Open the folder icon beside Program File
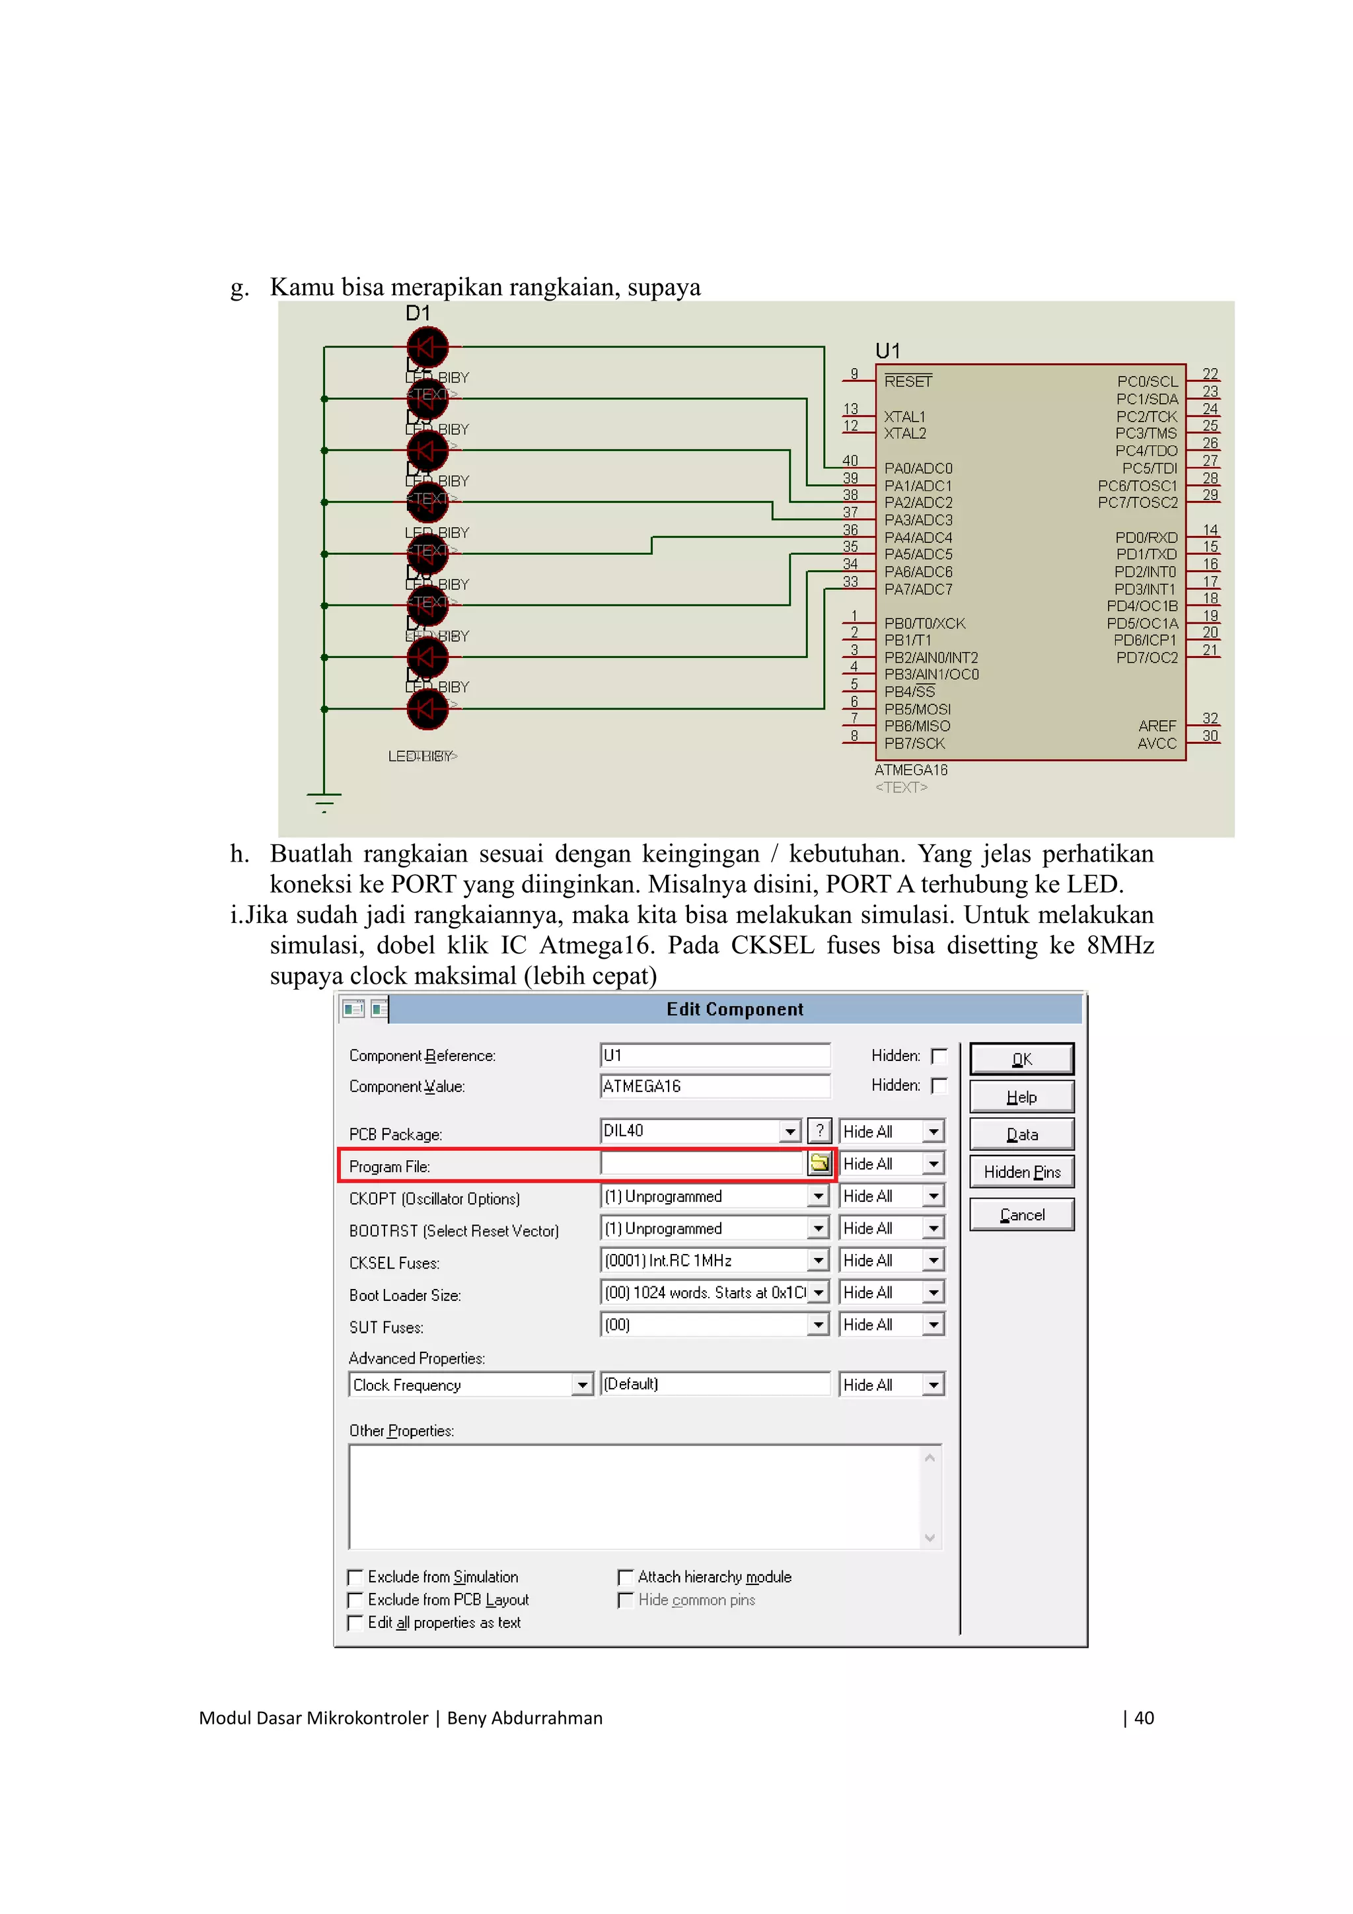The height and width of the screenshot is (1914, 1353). point(819,1163)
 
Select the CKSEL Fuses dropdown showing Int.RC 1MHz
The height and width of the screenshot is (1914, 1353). point(713,1260)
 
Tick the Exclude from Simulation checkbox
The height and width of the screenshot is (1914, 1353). point(355,1576)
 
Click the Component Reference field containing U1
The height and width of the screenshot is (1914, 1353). point(713,1055)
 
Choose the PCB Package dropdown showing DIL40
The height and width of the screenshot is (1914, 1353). point(700,1130)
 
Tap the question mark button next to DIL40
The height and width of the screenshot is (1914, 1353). point(819,1130)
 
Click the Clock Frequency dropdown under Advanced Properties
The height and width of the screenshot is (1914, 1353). point(470,1385)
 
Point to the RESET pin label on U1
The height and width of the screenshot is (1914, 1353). point(908,381)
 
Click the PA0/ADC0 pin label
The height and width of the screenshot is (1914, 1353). point(918,468)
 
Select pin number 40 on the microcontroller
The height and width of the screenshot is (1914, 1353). point(850,460)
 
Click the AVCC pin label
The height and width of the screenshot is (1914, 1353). point(1156,743)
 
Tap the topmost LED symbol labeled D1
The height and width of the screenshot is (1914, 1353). point(427,347)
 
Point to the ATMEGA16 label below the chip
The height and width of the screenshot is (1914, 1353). point(910,770)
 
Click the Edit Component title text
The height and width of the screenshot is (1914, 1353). point(735,1009)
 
